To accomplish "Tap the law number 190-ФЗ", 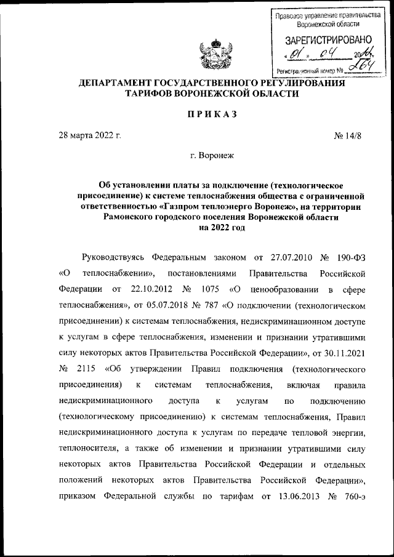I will (351, 257).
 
